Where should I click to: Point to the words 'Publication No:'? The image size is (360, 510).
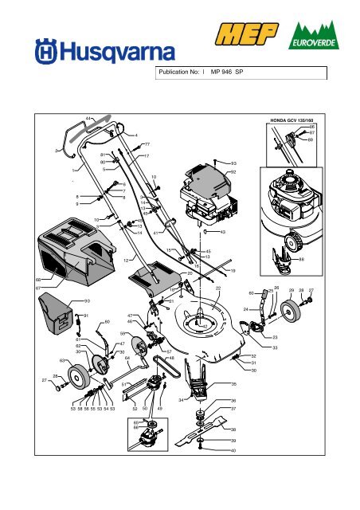pyautogui.click(x=179, y=72)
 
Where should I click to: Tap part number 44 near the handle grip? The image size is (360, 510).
pyautogui.click(x=88, y=119)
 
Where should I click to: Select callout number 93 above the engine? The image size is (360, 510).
pyautogui.click(x=233, y=163)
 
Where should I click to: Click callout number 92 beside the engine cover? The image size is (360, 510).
pyautogui.click(x=233, y=172)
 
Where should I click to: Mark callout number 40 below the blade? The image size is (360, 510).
pyautogui.click(x=233, y=451)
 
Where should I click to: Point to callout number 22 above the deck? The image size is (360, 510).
pyautogui.click(x=218, y=288)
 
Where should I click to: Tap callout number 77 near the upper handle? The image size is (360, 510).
pyautogui.click(x=147, y=144)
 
